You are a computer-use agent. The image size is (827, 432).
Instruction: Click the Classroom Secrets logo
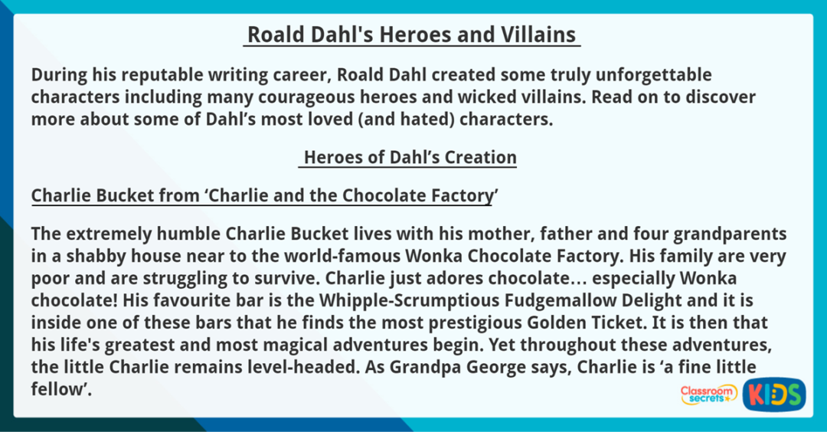(x=708, y=394)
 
